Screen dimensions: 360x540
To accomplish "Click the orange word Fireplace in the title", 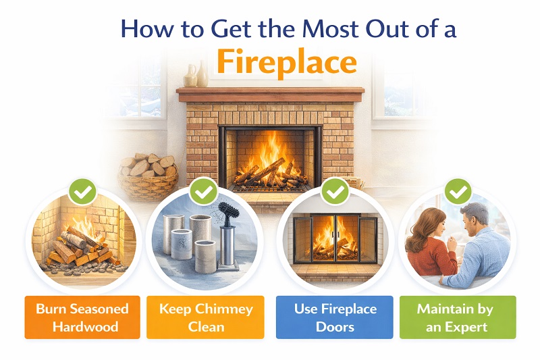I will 286,63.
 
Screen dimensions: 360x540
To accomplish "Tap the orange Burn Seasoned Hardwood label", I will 82,317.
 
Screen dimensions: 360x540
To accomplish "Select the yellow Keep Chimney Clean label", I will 206,317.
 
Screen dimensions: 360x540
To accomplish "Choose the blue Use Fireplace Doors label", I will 334,317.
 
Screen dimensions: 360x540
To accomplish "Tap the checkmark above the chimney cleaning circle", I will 203,192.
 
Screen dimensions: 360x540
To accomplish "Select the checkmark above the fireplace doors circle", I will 335,192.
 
